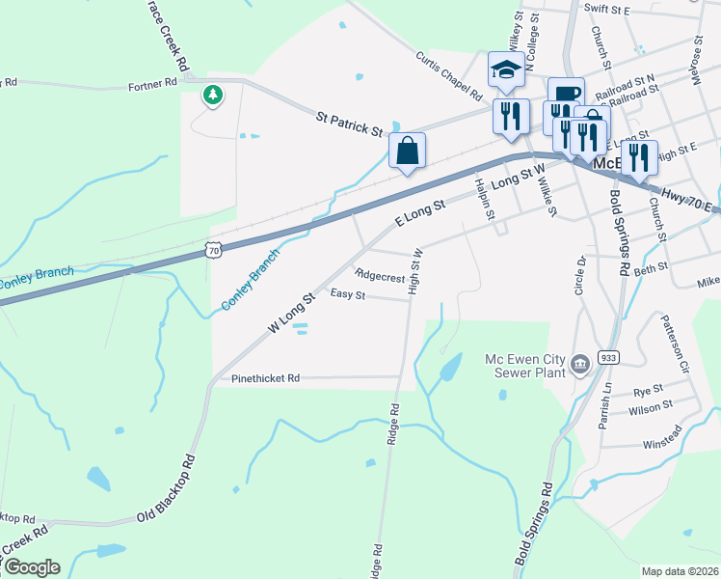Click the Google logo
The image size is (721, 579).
point(31,567)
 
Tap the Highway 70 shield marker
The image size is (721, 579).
point(213,250)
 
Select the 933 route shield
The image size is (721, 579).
point(608,356)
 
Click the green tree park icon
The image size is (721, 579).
point(212,95)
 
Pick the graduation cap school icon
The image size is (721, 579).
point(506,69)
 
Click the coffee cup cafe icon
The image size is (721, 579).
point(566,95)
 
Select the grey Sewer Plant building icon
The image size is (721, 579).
point(580,364)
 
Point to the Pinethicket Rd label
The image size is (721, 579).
point(266,378)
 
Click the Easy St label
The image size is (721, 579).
point(347,293)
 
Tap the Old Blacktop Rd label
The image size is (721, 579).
point(165,489)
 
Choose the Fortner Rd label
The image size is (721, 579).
point(153,85)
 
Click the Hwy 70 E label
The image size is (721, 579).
point(689,201)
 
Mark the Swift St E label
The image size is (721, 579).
point(606,10)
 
